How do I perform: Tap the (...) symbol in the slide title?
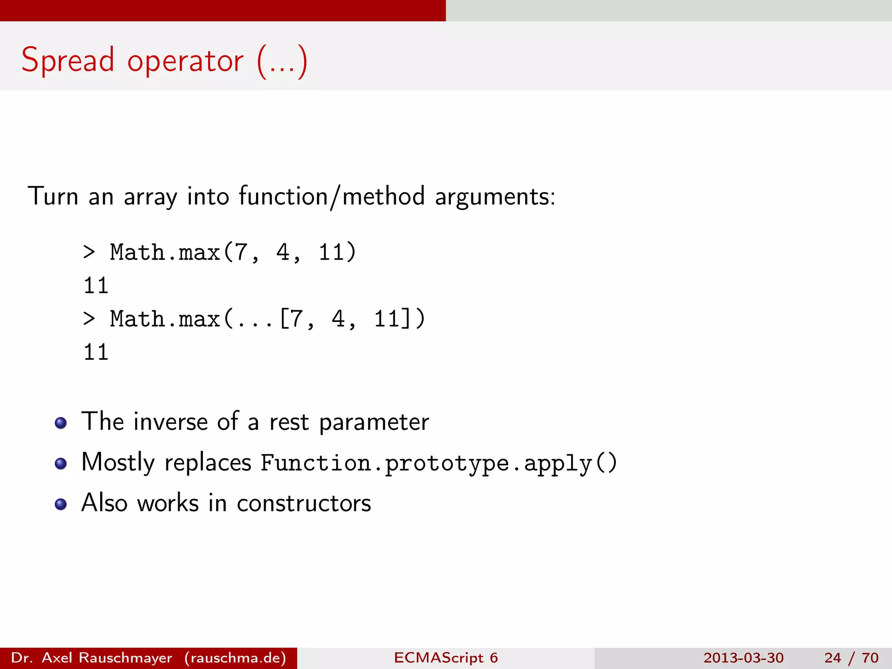click(282, 62)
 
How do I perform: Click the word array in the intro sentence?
click(150, 197)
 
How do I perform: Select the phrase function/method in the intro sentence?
click(331, 196)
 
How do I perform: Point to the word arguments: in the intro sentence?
click(495, 197)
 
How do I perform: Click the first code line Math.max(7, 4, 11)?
click(233, 252)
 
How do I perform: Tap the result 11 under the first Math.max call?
click(96, 286)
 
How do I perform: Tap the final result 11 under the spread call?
click(96, 352)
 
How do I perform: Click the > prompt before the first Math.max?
click(89, 252)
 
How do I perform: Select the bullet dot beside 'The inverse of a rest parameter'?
click(61, 423)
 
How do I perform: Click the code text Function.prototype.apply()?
click(439, 463)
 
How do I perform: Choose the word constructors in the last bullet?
click(304, 503)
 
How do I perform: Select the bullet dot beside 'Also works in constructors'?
click(61, 504)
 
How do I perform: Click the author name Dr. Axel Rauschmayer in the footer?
click(91, 658)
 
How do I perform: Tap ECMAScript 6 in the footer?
click(446, 658)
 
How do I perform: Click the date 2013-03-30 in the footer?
click(743, 658)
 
